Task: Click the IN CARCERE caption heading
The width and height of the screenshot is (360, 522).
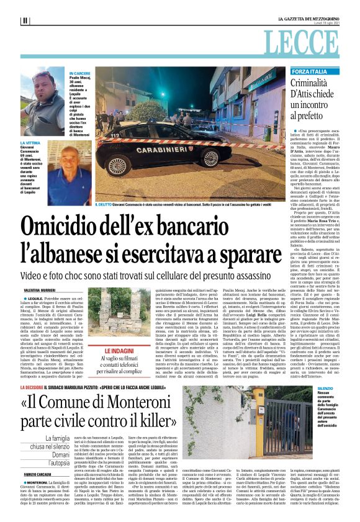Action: tap(79, 73)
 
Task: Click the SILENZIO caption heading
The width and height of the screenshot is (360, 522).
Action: tap(342, 405)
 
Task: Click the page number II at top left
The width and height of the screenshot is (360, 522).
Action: tap(25, 20)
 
